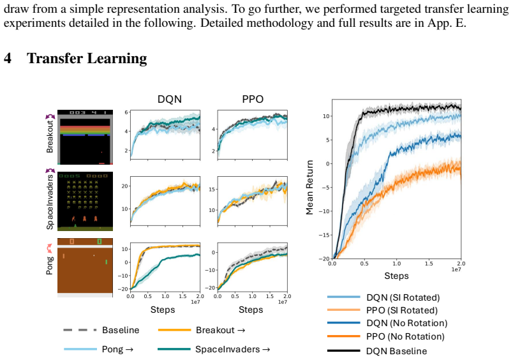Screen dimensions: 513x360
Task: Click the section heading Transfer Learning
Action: (x=87, y=59)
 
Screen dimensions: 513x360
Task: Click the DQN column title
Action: (x=170, y=99)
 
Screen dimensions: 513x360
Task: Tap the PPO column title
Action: (x=253, y=99)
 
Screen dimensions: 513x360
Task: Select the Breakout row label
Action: (x=50, y=137)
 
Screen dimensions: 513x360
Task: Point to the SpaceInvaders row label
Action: (x=50, y=202)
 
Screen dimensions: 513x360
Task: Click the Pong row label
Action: (x=50, y=266)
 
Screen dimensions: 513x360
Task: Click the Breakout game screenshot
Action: (x=85, y=137)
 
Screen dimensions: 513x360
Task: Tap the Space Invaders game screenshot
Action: (x=85, y=201)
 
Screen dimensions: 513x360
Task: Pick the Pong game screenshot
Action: (x=85, y=267)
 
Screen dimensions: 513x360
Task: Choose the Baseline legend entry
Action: (x=121, y=330)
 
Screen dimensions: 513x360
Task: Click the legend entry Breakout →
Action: (x=221, y=330)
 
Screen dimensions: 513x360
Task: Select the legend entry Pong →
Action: (x=118, y=349)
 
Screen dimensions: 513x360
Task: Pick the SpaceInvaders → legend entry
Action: (x=233, y=349)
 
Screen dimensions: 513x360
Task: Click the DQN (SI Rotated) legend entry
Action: (x=403, y=297)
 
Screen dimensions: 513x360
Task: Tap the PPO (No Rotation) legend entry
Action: (x=405, y=336)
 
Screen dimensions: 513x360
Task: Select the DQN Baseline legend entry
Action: (x=396, y=351)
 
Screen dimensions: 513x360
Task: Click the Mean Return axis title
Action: (x=309, y=187)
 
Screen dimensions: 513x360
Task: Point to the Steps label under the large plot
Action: (x=396, y=276)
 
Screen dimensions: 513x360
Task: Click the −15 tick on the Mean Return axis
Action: (x=324, y=235)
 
